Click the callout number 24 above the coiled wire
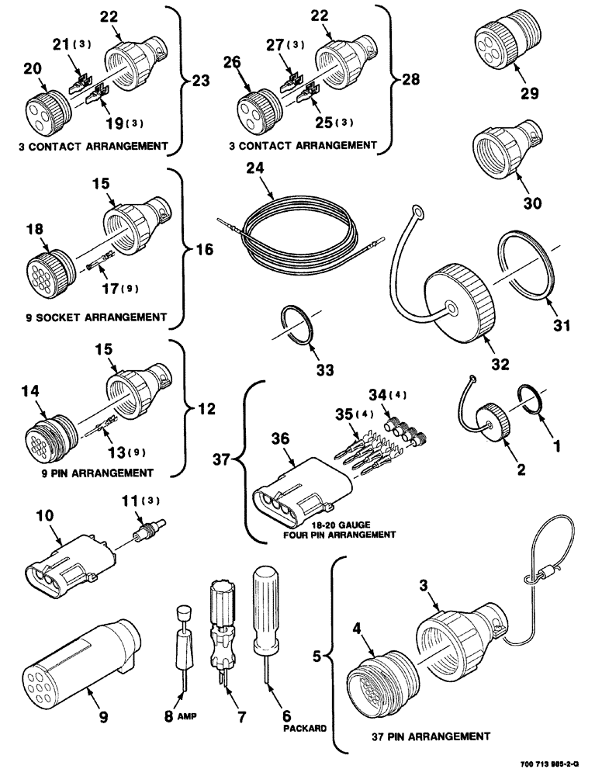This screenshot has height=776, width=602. pos(257,168)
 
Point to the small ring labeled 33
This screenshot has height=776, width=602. pos(295,320)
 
